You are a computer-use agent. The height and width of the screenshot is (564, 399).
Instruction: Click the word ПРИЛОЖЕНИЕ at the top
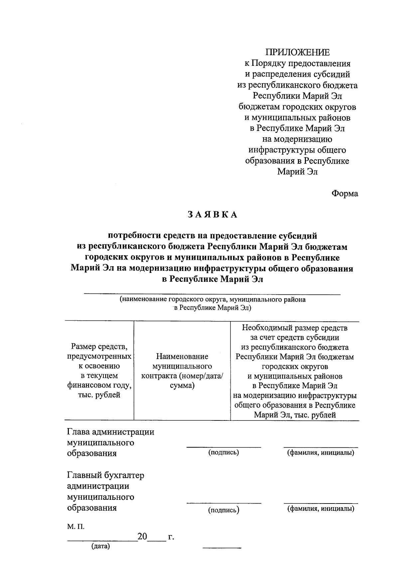297,53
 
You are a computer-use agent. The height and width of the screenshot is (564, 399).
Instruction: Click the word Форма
344,193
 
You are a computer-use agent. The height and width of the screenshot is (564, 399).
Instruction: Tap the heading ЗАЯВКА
212,215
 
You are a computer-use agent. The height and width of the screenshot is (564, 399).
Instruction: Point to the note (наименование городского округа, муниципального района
212,299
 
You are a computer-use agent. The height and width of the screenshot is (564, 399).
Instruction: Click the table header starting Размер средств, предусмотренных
99,371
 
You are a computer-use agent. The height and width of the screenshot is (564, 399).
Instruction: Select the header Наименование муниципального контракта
182,371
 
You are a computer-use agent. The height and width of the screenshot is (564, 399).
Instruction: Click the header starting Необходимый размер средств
295,371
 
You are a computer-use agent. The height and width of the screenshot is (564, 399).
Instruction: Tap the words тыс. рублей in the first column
99,395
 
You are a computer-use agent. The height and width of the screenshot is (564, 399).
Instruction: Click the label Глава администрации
110,432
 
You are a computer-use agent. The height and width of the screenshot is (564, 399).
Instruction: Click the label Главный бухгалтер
105,475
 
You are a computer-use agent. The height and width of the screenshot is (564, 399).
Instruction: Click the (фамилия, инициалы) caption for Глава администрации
321,453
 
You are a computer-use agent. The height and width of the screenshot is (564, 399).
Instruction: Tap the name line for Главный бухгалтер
321,503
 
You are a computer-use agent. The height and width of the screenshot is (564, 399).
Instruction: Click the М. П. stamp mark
75,527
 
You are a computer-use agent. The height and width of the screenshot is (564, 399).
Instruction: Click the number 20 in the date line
142,537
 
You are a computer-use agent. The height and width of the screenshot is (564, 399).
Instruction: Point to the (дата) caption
100,546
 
